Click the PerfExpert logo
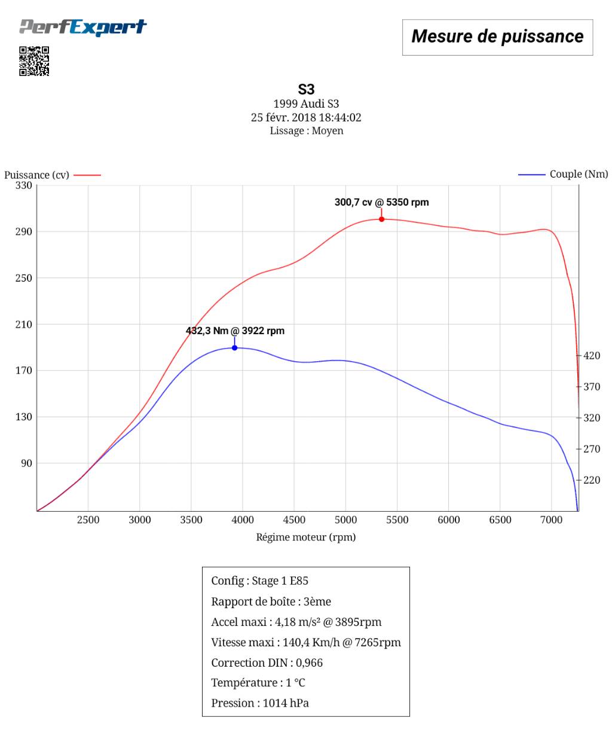(82, 28)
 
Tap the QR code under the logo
(34, 61)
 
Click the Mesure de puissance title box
(497, 37)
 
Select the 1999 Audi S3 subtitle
(306, 104)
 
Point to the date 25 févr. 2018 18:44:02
(306, 117)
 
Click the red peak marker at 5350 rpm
(381, 219)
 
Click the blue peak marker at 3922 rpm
(234, 348)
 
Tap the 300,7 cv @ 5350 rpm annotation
(381, 202)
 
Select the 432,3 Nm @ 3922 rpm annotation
(235, 331)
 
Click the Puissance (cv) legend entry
(53, 175)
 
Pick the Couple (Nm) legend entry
(563, 174)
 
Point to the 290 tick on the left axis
(24, 231)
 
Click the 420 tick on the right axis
(592, 356)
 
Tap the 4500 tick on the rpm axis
(294, 520)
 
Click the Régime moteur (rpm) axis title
(306, 537)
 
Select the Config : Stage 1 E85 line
(260, 581)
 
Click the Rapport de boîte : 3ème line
(271, 601)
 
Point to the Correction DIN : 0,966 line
(267, 662)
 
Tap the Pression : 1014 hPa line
(260, 703)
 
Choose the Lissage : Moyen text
(306, 130)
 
